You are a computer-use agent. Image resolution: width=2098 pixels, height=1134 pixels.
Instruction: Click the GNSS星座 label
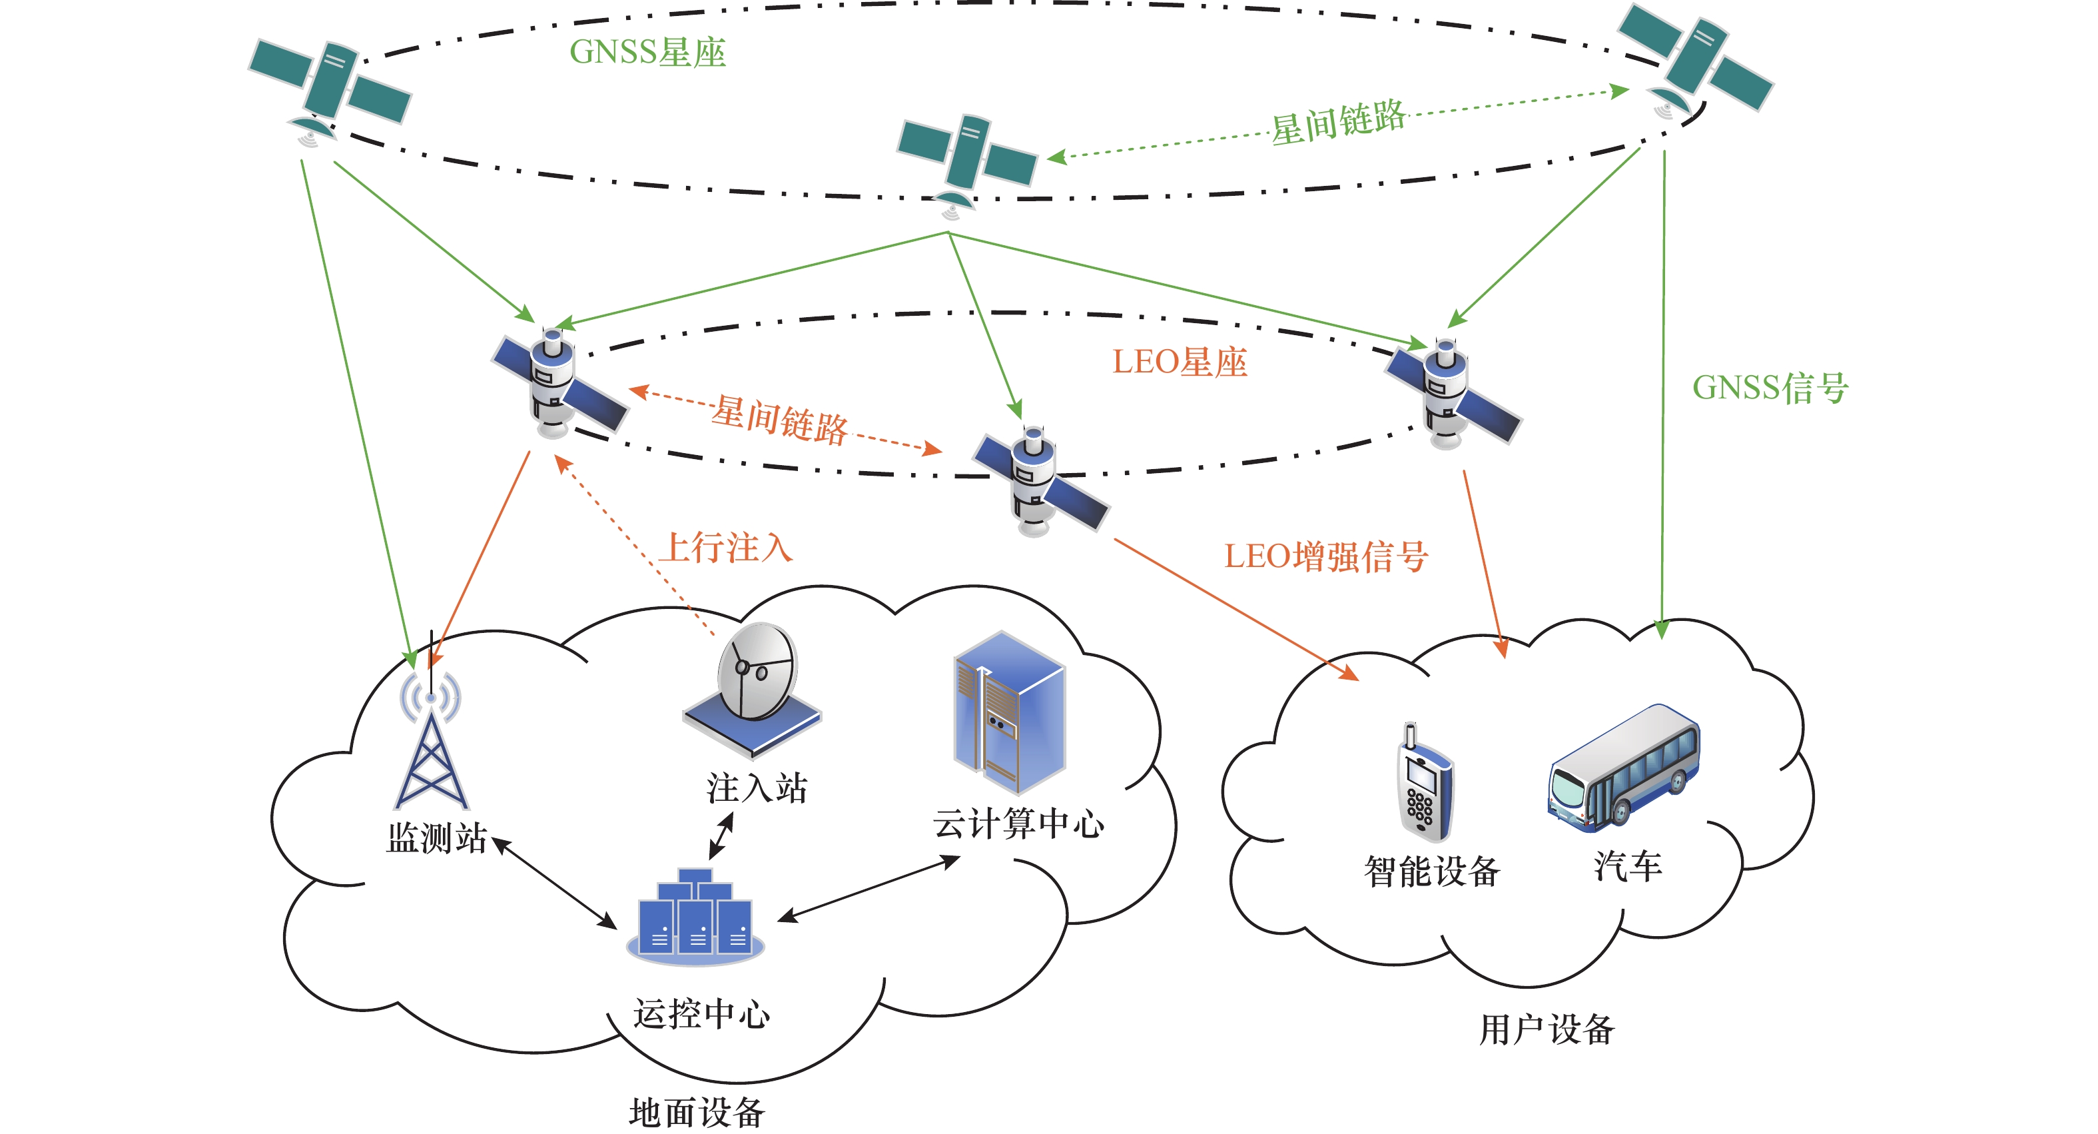(647, 52)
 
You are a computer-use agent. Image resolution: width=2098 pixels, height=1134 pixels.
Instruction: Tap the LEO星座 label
(1180, 362)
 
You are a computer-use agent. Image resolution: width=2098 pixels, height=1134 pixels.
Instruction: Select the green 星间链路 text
(1339, 122)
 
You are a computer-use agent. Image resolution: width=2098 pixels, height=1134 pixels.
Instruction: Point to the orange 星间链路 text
(779, 420)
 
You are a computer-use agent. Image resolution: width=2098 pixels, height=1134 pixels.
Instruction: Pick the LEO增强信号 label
(1325, 557)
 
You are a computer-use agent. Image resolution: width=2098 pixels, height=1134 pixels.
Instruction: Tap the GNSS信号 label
(1770, 388)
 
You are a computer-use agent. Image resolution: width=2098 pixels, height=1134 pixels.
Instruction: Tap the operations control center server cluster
(695, 917)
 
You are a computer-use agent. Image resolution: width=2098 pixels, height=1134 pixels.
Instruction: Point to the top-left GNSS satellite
(329, 85)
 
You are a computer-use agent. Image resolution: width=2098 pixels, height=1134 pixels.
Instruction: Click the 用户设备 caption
(1546, 1029)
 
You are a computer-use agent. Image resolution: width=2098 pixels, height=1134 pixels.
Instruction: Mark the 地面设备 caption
(697, 1113)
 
